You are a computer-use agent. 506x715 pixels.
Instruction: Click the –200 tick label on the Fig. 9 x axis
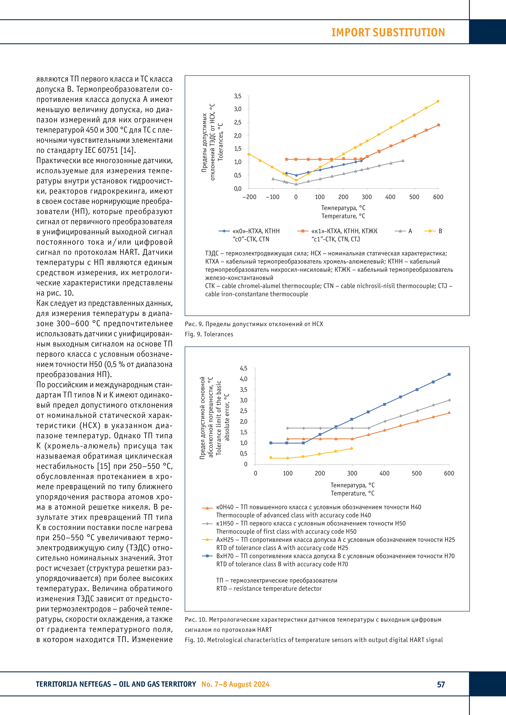(249, 197)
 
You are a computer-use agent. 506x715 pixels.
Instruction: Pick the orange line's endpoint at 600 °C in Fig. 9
(438, 125)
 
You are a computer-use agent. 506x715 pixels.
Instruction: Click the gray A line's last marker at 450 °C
(403, 161)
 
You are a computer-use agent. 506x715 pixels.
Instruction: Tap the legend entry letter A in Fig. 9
(410, 231)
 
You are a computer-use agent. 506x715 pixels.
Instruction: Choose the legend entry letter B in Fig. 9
(440, 231)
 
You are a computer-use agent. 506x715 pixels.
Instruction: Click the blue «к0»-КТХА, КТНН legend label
(256, 231)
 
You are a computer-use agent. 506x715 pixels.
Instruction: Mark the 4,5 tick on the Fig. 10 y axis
(244, 368)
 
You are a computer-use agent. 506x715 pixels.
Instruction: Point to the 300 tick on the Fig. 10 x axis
(352, 473)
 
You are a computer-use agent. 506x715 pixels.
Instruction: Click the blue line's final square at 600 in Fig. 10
(449, 374)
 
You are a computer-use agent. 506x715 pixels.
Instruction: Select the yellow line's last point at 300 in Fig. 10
(352, 448)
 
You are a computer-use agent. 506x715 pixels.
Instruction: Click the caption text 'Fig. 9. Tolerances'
(209, 334)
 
